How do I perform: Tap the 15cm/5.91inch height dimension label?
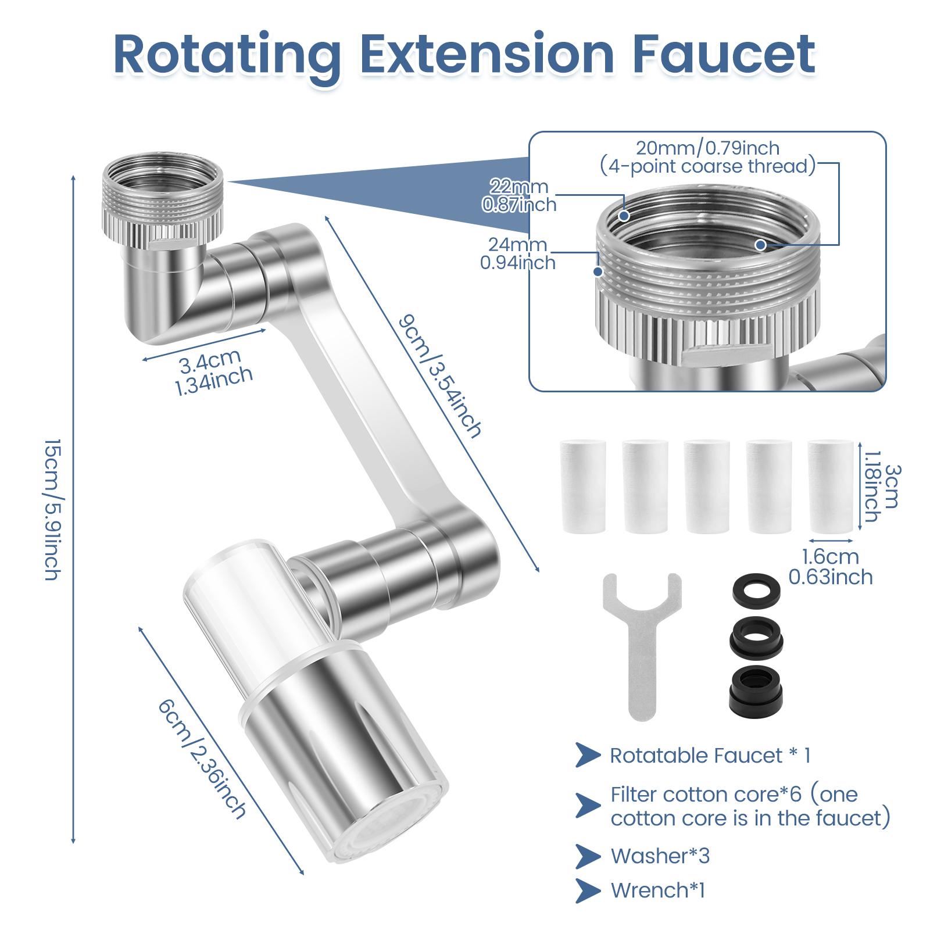point(52,509)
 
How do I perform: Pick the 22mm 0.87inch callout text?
point(519,195)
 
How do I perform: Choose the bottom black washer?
point(755,689)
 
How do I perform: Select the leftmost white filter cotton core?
point(583,486)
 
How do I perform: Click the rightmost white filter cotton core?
point(831,486)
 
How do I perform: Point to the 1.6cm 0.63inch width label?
point(831,567)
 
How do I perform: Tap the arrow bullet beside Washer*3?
point(588,856)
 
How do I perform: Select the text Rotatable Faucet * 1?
point(710,756)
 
